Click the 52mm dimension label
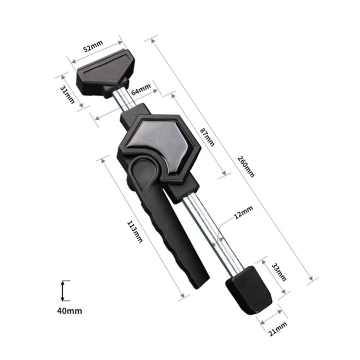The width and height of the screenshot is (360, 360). [93, 46]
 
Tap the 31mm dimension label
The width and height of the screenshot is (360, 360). [67, 94]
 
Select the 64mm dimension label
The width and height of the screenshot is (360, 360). [141, 89]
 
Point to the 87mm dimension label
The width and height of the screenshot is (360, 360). [207, 137]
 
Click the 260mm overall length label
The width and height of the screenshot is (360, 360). [246, 167]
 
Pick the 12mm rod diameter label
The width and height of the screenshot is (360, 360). [243, 212]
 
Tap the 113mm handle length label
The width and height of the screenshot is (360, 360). [135, 231]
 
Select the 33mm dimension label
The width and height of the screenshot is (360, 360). [279, 272]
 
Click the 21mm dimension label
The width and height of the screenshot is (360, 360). [278, 329]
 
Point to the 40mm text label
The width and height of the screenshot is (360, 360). [70, 311]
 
